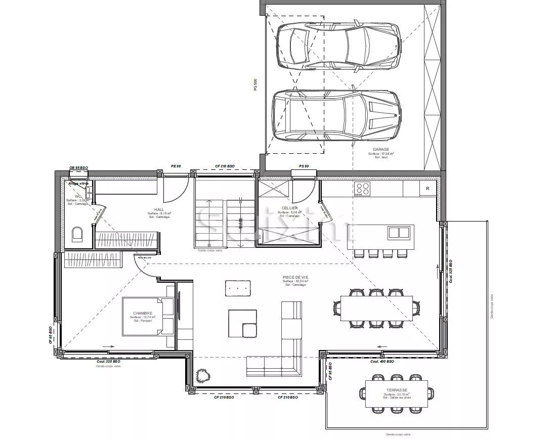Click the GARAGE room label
coord(380,149)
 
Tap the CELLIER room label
coord(290,208)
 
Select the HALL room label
coord(159,209)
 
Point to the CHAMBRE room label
coord(142,313)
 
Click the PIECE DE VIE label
coord(295,277)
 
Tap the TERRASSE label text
coord(396,390)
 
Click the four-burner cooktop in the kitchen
coord(363,188)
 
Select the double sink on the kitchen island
coord(399,233)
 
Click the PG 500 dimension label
coord(255,84)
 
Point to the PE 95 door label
coord(176,165)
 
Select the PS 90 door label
coord(304,165)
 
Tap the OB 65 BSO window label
coord(78,167)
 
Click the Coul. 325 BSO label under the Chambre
coord(108,362)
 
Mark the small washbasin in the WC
coord(89,191)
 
